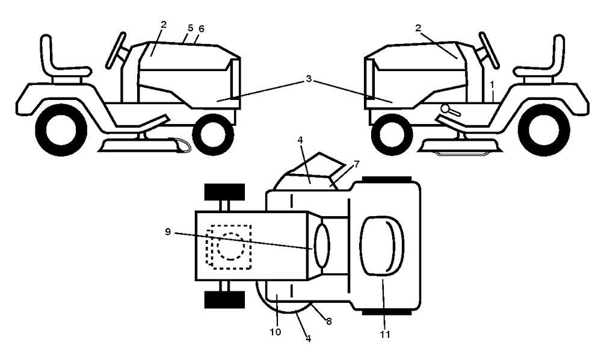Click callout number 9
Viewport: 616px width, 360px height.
pos(168,232)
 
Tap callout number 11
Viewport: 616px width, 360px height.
pos(385,334)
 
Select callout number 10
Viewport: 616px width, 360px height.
pos(276,332)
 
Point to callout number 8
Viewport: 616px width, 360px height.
pos(329,321)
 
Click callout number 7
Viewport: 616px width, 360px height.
pos(356,164)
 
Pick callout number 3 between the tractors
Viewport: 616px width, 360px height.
pos(309,79)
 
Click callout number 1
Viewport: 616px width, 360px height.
pos(492,84)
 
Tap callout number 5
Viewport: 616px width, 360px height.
pos(191,28)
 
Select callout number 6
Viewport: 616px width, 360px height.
pos(202,29)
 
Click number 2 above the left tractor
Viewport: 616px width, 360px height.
pos(164,24)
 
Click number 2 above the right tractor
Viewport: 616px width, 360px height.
pos(418,28)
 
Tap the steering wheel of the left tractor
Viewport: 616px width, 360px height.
pos(116,51)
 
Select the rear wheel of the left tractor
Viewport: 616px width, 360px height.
pos(61,130)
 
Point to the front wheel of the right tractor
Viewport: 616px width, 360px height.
pos(392,134)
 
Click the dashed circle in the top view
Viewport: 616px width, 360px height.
pos(230,246)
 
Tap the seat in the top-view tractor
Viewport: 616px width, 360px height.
pos(382,246)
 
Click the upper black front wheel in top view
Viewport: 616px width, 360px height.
pos(225,192)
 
